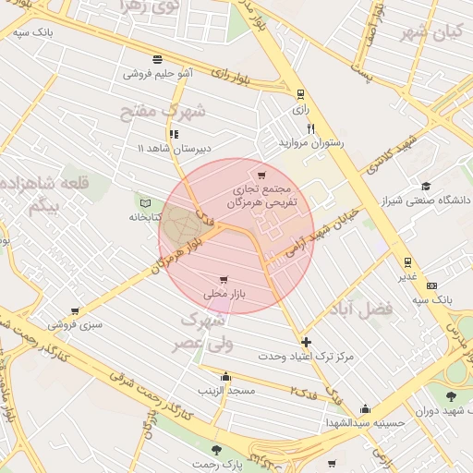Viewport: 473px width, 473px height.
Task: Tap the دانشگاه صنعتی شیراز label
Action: click(425, 200)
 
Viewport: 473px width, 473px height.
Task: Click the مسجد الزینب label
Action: click(226, 391)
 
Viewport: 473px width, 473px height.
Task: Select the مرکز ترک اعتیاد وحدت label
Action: click(306, 356)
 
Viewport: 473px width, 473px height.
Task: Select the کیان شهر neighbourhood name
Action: click(431, 32)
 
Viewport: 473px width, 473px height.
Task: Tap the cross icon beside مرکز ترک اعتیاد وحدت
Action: click(306, 342)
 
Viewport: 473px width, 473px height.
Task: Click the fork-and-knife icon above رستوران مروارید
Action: click(310, 129)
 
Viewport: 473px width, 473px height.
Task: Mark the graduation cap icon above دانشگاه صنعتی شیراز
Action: click(425, 186)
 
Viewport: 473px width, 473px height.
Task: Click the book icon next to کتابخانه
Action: click(144, 202)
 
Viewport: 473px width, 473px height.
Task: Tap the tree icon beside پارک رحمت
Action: click(217, 451)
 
